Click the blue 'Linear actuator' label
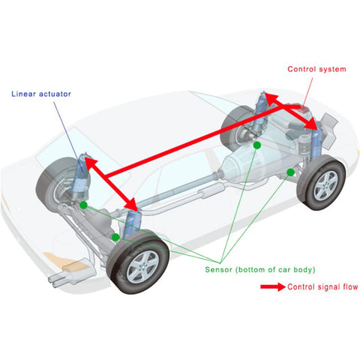pyautogui.click(x=41, y=94)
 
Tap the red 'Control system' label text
pyautogui.click(x=316, y=69)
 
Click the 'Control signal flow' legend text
pyautogui.click(x=322, y=286)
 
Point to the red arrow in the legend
pyautogui.click(x=273, y=286)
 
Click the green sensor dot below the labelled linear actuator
pyautogui.click(x=83, y=205)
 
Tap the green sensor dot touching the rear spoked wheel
pyautogui.click(x=115, y=237)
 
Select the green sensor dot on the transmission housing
pyautogui.click(x=257, y=145)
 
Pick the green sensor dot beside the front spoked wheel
pyautogui.click(x=290, y=172)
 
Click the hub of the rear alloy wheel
pyautogui.click(x=142, y=267)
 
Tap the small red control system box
pyautogui.click(x=304, y=109)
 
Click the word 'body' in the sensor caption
pyautogui.click(x=304, y=270)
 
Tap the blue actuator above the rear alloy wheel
pyautogui.click(x=132, y=223)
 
